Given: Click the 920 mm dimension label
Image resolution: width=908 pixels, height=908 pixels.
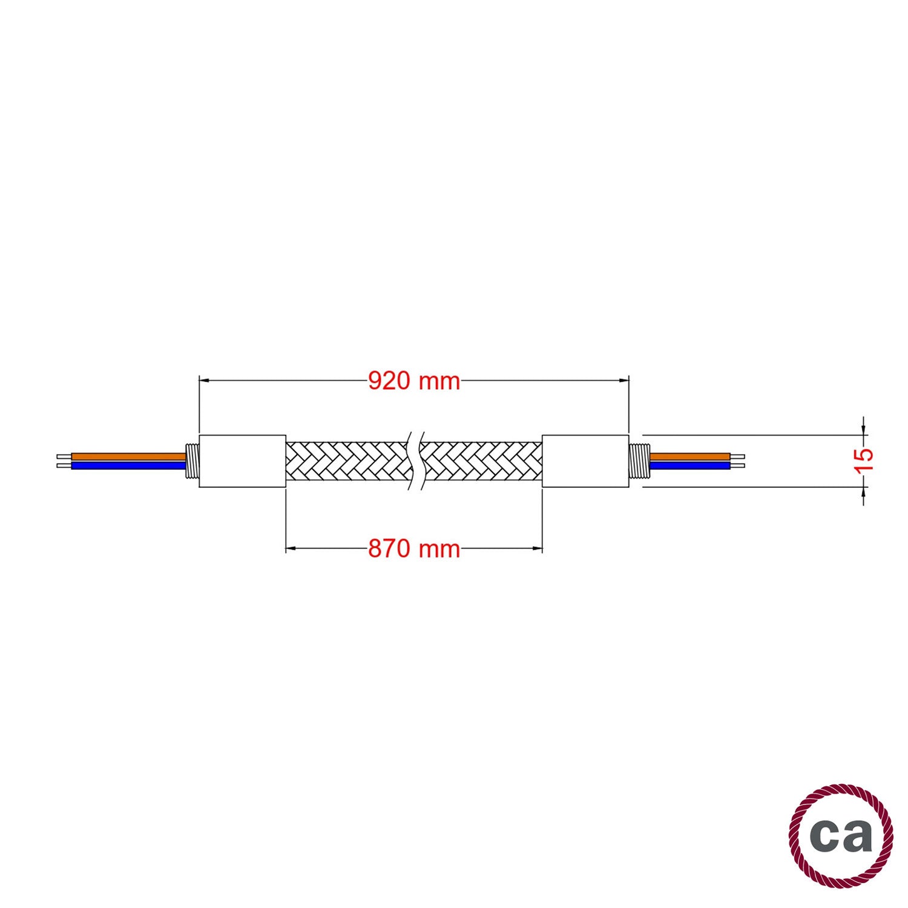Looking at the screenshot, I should tap(414, 381).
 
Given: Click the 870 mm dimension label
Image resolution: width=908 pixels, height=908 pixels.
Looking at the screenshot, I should tap(414, 549).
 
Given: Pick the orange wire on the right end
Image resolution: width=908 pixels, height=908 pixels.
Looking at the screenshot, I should tap(689, 456).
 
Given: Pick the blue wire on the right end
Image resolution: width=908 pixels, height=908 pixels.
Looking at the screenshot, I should tap(689, 466).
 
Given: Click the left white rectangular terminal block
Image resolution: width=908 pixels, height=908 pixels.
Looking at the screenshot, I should tap(242, 461).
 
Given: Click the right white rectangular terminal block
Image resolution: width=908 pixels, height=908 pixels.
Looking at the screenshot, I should tap(585, 461).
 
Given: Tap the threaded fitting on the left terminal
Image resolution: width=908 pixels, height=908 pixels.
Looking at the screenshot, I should tap(192, 461).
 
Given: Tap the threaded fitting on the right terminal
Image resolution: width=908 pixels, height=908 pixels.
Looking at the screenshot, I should tap(639, 461).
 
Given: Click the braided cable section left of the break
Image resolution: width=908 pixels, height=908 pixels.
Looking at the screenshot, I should tap(345, 461).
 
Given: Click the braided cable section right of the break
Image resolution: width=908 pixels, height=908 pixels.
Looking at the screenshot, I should tap(484, 461).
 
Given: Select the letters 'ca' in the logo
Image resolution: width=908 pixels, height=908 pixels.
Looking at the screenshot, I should tap(841, 836).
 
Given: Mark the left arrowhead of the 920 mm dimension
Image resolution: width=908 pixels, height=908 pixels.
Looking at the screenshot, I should tap(204, 381).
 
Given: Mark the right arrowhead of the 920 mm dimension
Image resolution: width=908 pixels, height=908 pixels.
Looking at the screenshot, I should tap(624, 381).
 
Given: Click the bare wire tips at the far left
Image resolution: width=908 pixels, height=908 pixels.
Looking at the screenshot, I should tap(64, 461).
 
